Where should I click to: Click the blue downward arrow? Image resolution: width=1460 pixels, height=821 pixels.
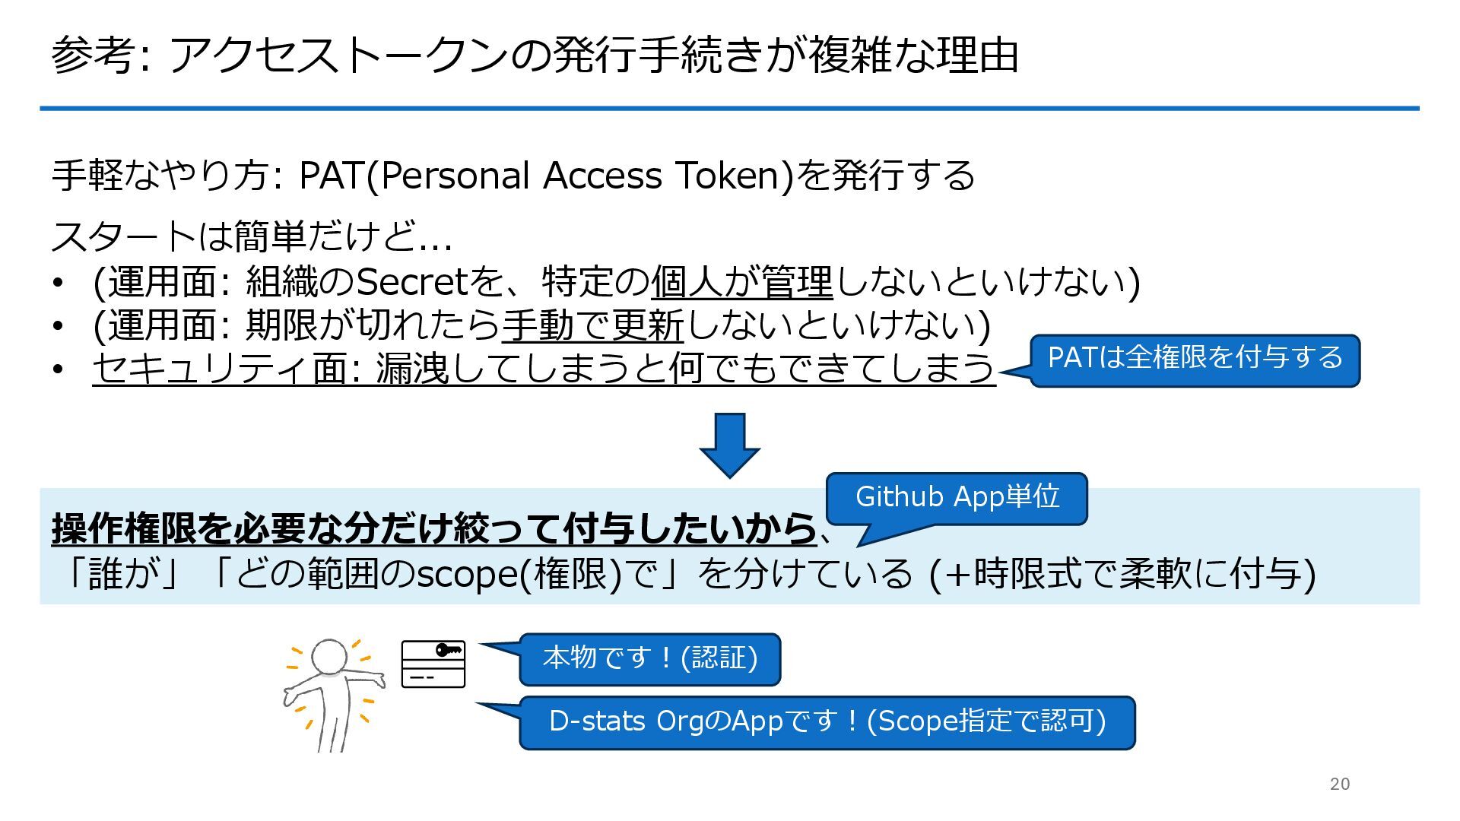coord(729,444)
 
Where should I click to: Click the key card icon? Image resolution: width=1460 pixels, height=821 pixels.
coord(433,664)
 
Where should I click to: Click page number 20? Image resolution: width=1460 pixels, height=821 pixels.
coord(1339,784)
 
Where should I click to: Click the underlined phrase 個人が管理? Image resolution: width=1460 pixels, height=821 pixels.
coord(741,282)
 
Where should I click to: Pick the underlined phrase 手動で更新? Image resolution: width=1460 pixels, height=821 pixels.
coord(592,325)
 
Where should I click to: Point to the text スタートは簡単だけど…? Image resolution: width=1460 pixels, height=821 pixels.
coord(252,236)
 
